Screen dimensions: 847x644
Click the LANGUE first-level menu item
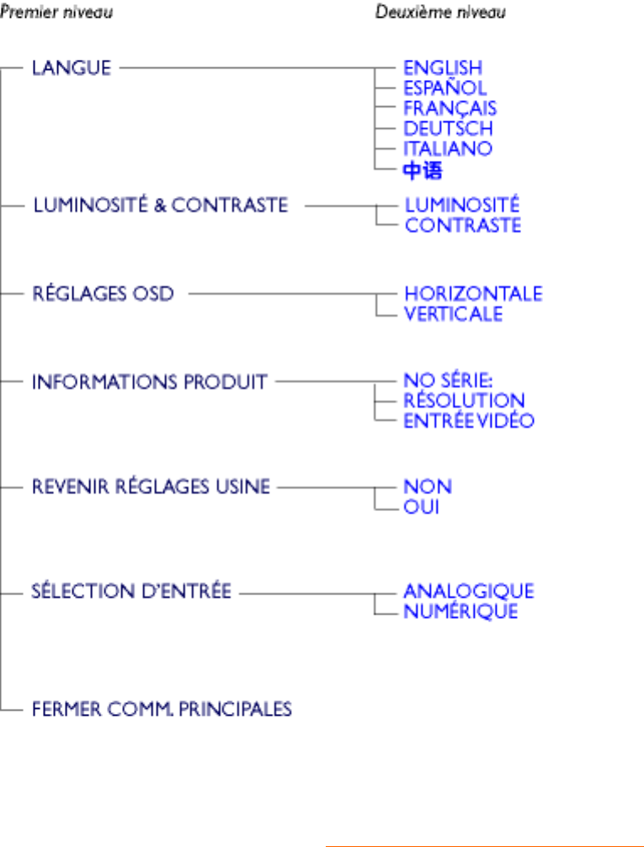[72, 67]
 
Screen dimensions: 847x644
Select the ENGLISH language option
[443, 67]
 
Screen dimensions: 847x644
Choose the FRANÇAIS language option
[450, 108]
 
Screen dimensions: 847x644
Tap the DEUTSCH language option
[448, 128]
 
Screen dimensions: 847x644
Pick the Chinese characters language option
[423, 171]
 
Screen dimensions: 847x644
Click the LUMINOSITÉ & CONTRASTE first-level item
[160, 205]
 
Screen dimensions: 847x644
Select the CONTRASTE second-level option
[462, 226]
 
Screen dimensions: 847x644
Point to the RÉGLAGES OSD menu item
[103, 294]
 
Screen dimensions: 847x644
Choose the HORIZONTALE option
[473, 294]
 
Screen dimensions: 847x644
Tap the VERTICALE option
[453, 314]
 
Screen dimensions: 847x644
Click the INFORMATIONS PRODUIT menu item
[149, 381]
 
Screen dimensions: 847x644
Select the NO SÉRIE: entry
[448, 381]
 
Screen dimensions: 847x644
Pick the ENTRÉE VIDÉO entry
[468, 421]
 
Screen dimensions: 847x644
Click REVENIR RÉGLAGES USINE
[151, 487]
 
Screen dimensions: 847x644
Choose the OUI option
[422, 508]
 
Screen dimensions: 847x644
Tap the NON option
[428, 487]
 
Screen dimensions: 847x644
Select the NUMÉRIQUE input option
[460, 612]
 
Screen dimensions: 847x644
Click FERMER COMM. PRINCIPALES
[162, 709]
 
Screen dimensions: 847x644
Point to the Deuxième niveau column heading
[440, 13]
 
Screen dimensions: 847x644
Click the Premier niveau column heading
[56, 13]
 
